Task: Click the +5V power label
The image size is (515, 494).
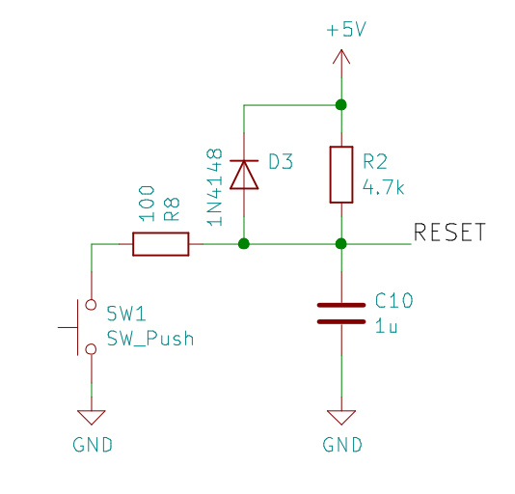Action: pos(346,29)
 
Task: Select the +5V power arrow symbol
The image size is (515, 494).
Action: pos(341,57)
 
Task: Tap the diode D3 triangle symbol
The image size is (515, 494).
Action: pos(244,175)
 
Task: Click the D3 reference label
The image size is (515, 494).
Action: pos(281,161)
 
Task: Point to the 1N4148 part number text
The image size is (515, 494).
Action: pos(215,187)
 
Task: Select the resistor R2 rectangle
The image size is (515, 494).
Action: pos(341,175)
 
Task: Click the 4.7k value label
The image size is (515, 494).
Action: pos(383,188)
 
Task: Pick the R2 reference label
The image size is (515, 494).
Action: pos(375,161)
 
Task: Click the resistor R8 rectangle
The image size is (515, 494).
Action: pos(161,244)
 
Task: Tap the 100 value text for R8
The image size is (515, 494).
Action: pos(147,204)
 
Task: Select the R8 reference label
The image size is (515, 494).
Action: pos(172,209)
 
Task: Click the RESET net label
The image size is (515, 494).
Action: pos(449,233)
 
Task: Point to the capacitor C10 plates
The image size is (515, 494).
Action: pos(341,314)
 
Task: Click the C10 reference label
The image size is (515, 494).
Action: pos(394,300)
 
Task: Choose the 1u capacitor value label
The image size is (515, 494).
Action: pos(386,327)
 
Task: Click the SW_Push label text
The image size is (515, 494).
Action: pos(150,339)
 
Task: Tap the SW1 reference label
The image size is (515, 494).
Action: pos(126,314)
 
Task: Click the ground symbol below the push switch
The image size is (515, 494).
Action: pos(92,418)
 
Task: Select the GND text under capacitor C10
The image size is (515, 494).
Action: pos(342,445)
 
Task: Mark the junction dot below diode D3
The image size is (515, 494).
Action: pos(244,244)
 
